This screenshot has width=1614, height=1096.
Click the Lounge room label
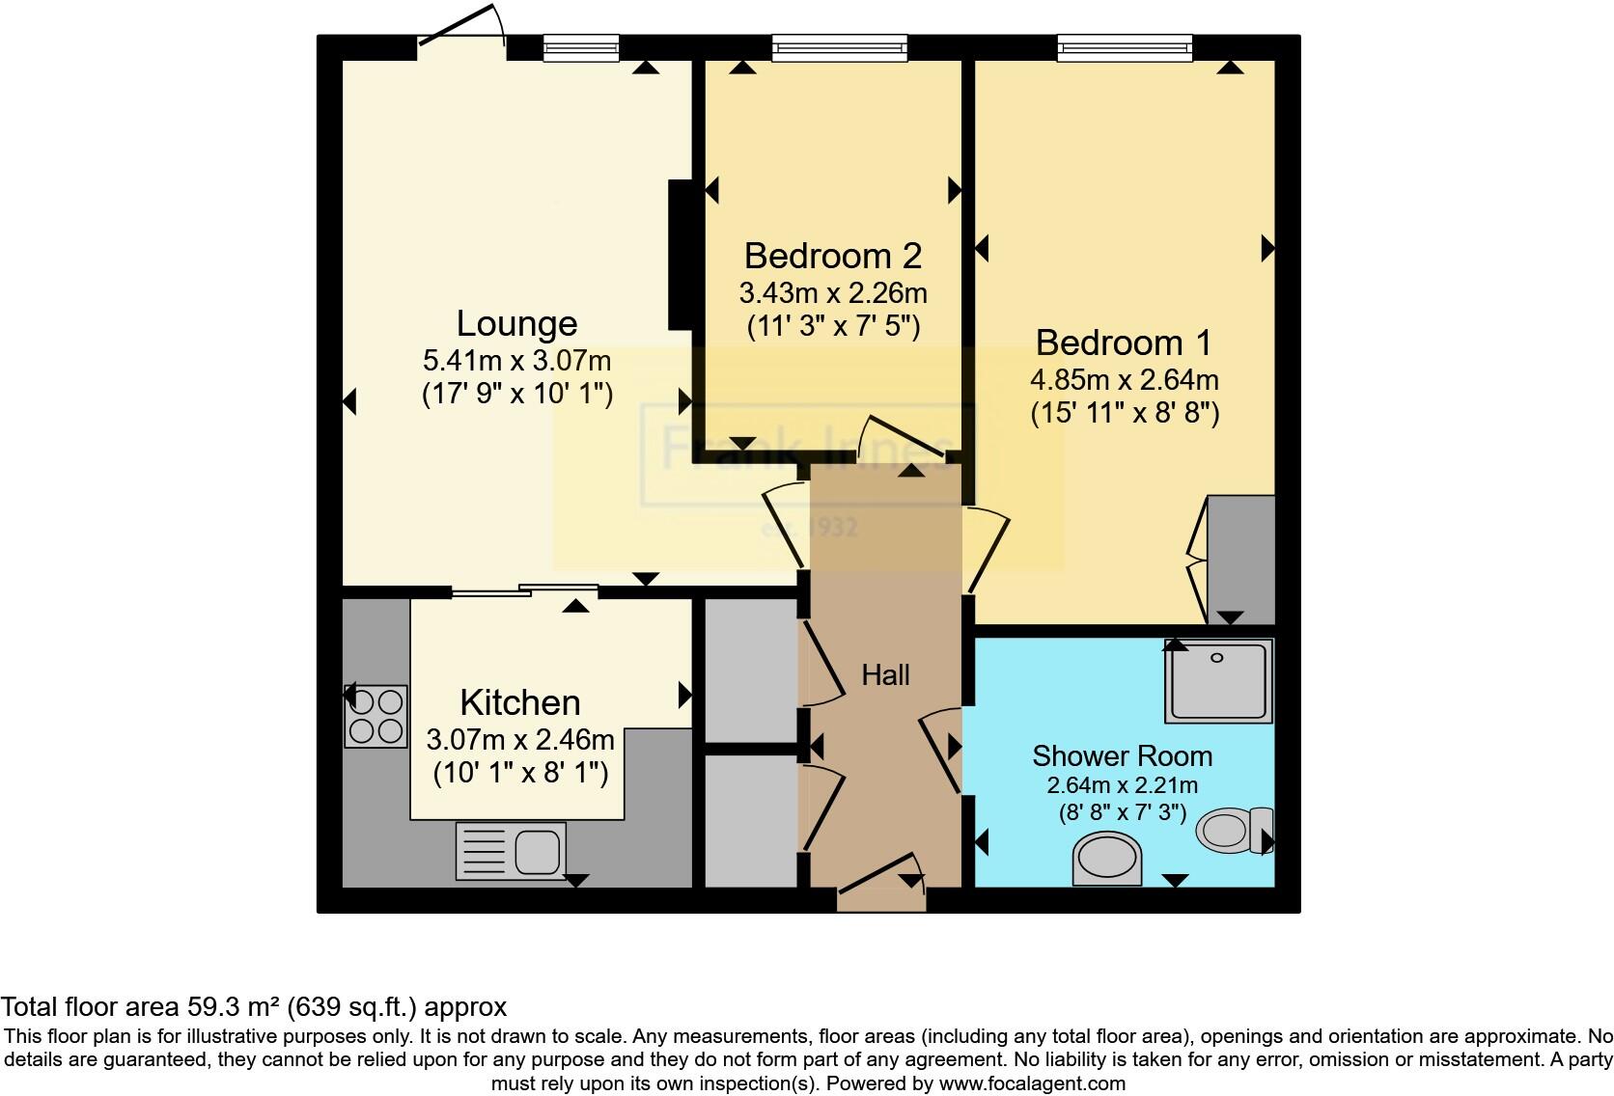click(x=516, y=324)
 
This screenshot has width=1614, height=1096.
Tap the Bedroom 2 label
click(x=832, y=256)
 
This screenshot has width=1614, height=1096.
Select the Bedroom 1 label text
click(x=1124, y=342)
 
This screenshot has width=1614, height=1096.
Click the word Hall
click(x=885, y=675)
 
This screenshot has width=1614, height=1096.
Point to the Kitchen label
click(x=519, y=702)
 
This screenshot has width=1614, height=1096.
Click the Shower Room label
click(x=1122, y=755)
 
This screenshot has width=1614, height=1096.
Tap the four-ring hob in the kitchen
click(x=376, y=716)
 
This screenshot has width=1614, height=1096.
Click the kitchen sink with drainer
click(x=511, y=851)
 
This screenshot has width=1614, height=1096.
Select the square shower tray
click(x=1218, y=681)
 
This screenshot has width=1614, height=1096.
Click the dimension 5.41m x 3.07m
click(x=516, y=361)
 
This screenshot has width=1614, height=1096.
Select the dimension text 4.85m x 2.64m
click(x=1124, y=379)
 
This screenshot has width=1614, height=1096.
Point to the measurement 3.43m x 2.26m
click(x=832, y=291)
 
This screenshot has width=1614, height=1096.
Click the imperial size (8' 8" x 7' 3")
click(x=1122, y=812)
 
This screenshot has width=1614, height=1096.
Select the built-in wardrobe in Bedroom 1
click(x=1241, y=560)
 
